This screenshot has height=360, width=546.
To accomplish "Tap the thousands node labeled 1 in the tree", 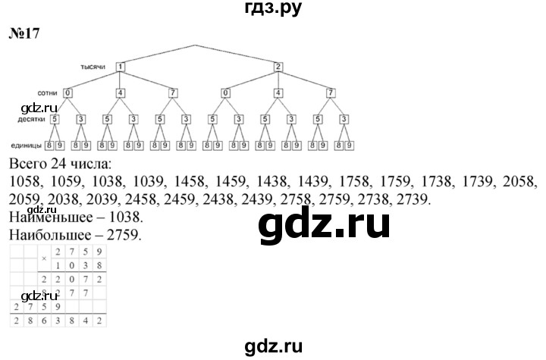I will pos(120,67).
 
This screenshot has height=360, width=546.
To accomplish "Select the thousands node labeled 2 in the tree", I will pos(278,67).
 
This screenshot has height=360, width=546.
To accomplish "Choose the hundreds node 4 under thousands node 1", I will pos(120,93).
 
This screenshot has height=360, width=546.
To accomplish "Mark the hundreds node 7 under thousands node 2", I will pos(331,93).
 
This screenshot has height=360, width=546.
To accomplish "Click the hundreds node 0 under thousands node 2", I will pos(225,93).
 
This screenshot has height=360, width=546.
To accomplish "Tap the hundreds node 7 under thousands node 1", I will pos(173,93).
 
